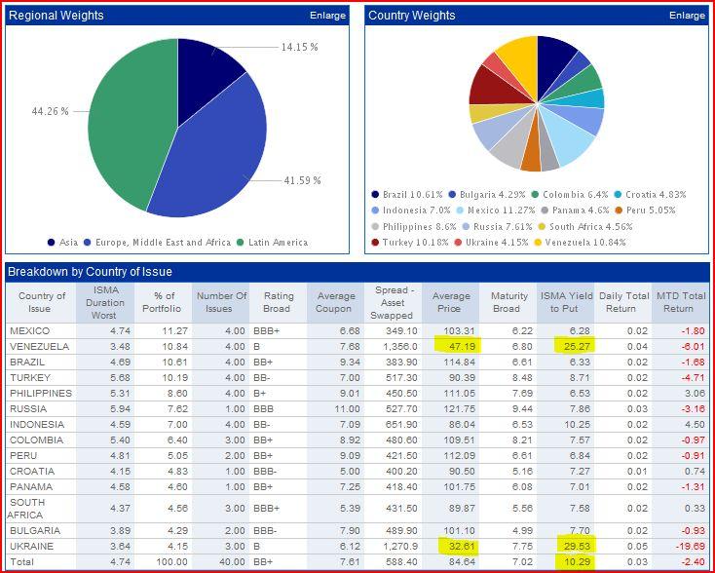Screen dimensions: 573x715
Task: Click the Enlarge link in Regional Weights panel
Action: (328, 16)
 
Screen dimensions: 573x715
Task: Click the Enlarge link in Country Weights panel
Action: (687, 16)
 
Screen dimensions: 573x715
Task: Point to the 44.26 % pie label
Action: (50, 112)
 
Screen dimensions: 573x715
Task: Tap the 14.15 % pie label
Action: (300, 48)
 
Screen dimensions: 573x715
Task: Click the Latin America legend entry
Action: (293, 243)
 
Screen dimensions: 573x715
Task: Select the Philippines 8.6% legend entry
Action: (420, 226)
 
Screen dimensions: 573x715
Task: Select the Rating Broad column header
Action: (278, 302)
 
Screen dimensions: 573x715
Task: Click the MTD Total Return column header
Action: (681, 302)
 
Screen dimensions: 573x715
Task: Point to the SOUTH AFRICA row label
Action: (27, 508)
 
